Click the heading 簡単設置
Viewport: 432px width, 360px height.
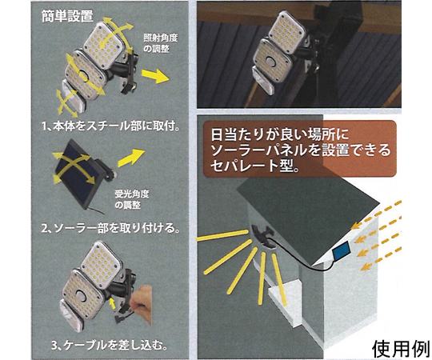pos(67,16)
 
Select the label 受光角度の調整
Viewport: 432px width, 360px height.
pos(132,199)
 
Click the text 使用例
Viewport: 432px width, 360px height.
pos(402,349)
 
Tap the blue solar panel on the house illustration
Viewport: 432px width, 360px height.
pos(341,251)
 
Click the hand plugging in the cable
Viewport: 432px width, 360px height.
pos(141,304)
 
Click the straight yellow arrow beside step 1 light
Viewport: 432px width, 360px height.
pos(155,75)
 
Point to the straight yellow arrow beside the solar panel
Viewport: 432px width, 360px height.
pos(131,158)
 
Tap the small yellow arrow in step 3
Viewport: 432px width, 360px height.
pos(112,303)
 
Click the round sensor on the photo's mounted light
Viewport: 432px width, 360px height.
pos(271,62)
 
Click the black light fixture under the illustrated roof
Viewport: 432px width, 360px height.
pos(262,235)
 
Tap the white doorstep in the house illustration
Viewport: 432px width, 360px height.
pos(284,294)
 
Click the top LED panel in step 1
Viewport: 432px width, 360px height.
pos(103,45)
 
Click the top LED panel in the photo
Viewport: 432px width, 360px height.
pos(287,33)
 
